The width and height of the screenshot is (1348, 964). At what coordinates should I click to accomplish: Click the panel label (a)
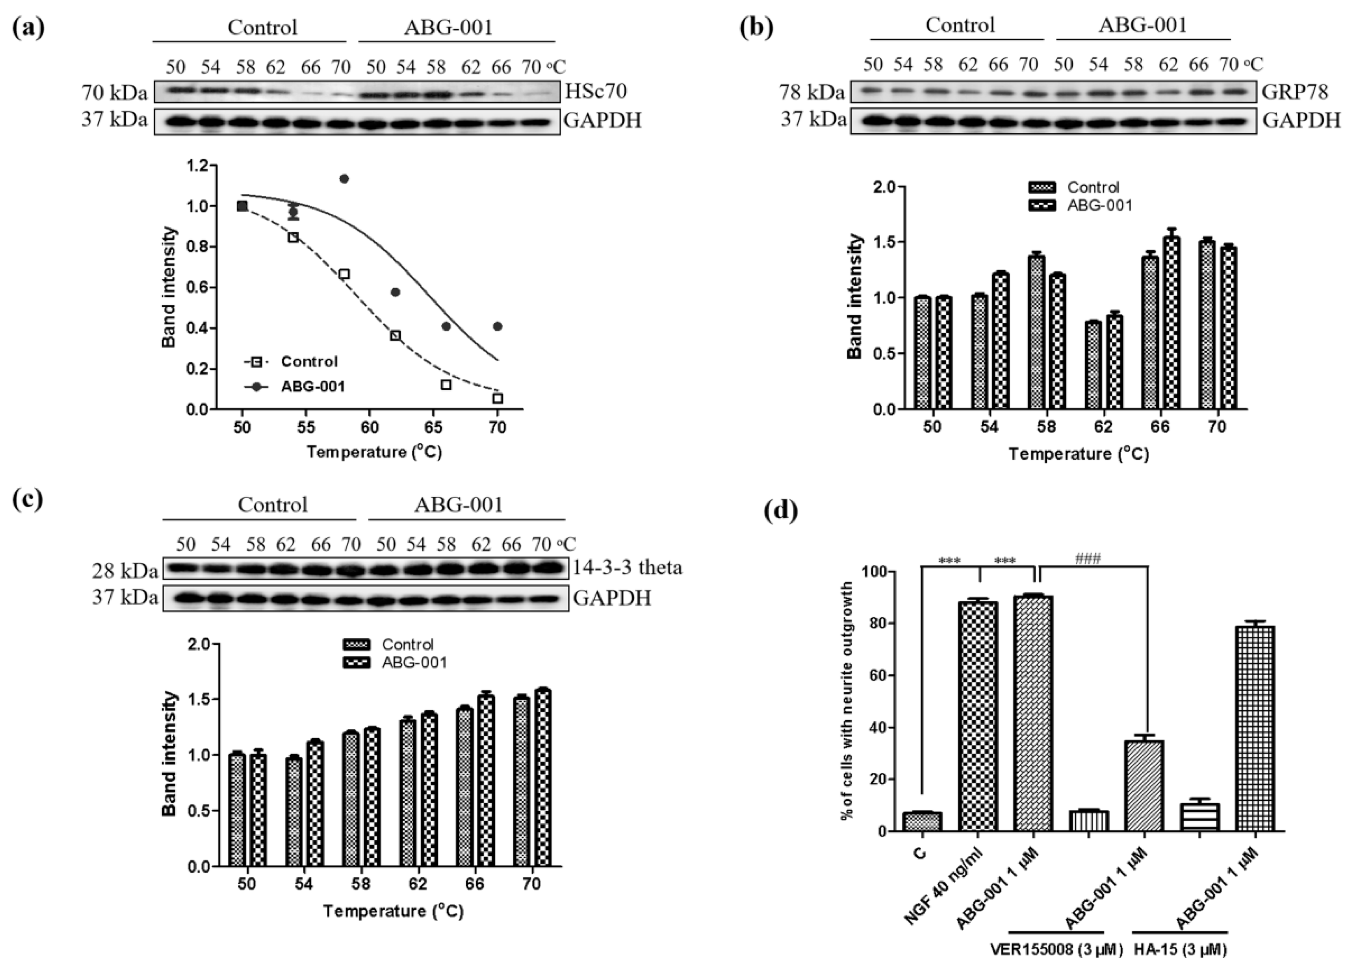(x=28, y=28)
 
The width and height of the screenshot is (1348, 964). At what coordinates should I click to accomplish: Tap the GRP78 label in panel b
(x=1293, y=92)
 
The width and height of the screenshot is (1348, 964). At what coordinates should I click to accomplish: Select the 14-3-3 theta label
(x=627, y=568)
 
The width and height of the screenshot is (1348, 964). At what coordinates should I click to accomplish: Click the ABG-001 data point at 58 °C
(x=344, y=178)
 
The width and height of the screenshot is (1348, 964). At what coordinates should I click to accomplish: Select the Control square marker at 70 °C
(x=497, y=398)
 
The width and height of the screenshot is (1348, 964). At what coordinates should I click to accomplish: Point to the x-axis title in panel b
(x=1079, y=454)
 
